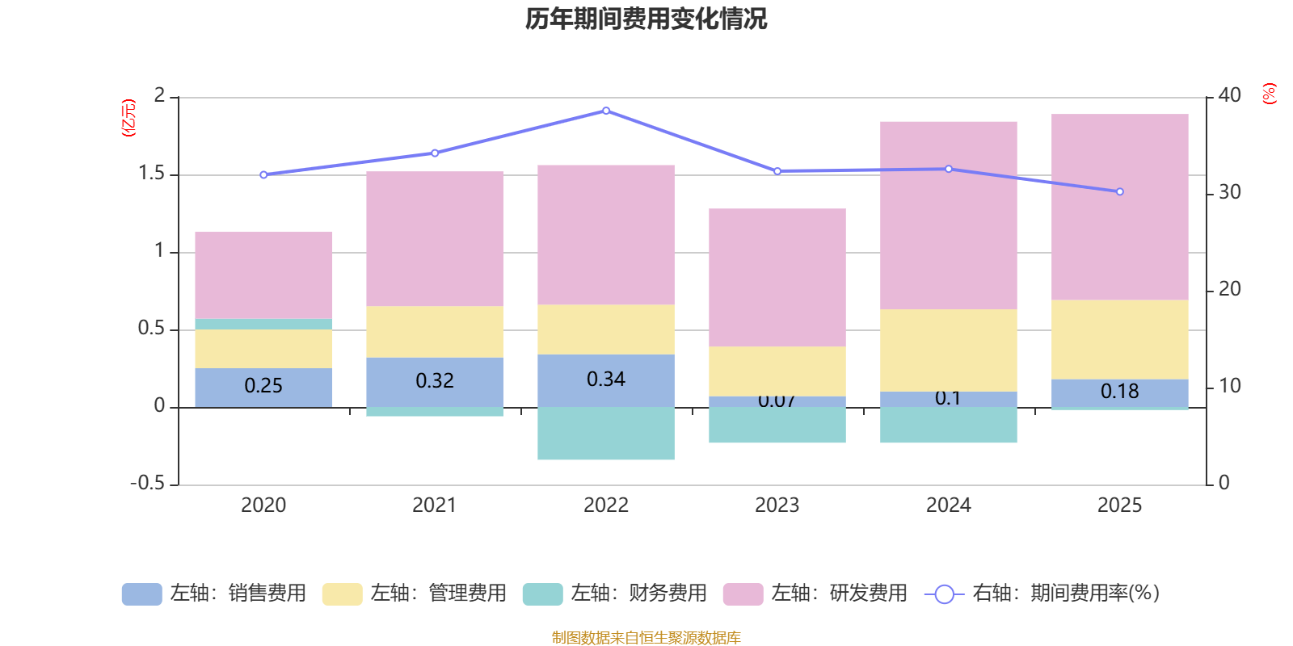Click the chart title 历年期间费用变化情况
point(646,19)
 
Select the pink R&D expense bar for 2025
point(1119,207)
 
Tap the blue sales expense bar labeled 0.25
point(263,387)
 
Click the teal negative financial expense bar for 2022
point(606,434)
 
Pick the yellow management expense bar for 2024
point(948,350)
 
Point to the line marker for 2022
point(606,111)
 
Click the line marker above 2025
point(1119,192)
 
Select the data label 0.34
point(606,379)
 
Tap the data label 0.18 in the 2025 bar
point(1119,392)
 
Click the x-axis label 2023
point(777,505)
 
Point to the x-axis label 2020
point(263,505)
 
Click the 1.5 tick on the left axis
point(151,174)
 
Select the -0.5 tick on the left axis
point(148,483)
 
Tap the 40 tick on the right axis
point(1229,95)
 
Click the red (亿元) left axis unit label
point(128,118)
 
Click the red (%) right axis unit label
point(1269,94)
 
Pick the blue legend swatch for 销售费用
point(141,594)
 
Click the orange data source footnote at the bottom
point(646,638)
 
